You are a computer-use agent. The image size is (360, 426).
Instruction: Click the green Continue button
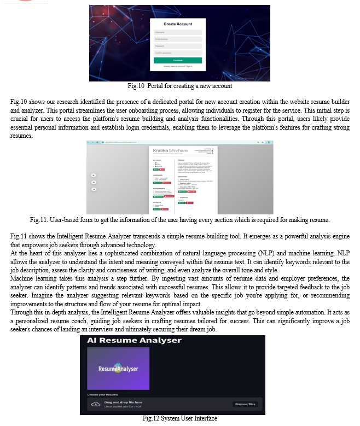click(177, 60)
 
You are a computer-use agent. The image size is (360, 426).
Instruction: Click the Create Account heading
click(177, 24)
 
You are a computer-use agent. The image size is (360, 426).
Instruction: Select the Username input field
click(177, 32)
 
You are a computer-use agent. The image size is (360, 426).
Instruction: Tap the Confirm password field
click(177, 52)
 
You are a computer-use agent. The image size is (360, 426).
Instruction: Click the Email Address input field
click(177, 39)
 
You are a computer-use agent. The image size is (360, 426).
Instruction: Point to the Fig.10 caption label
click(133, 86)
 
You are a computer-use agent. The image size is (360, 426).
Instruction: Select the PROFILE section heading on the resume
click(182, 160)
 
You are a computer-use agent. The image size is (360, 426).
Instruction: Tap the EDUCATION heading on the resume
click(184, 177)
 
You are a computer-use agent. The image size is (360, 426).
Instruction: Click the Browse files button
click(245, 404)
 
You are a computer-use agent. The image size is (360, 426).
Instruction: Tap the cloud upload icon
click(96, 404)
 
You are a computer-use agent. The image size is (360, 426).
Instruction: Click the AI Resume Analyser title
click(134, 341)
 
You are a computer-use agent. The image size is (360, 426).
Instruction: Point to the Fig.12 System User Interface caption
click(179, 419)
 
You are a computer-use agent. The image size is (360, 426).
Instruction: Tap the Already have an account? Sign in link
click(177, 66)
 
